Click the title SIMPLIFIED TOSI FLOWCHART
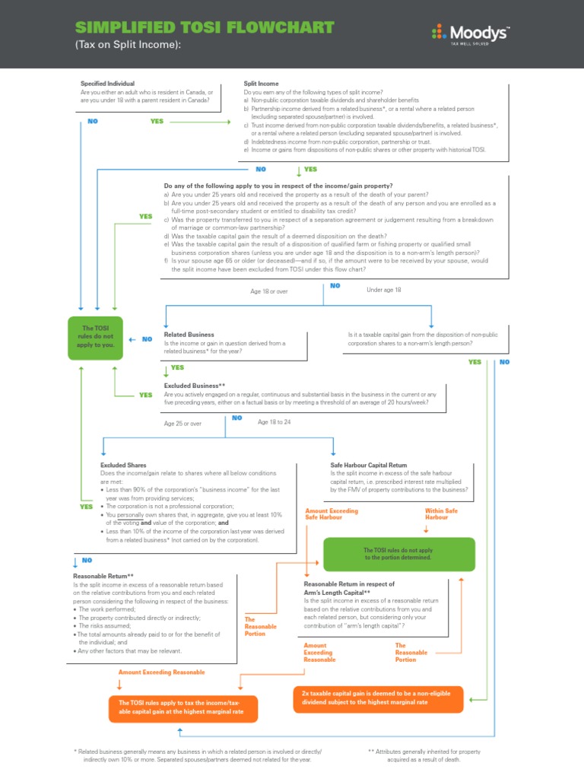pyautogui.click(x=205, y=28)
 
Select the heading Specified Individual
pyautogui.click(x=107, y=84)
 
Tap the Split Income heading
pyautogui.click(x=261, y=84)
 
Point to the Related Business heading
pyautogui.click(x=189, y=335)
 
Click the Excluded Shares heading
pyautogui.click(x=123, y=465)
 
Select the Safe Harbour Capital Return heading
pyautogui.click(x=369, y=465)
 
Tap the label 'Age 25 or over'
pyautogui.click(x=183, y=424)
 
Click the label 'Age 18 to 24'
pyautogui.click(x=275, y=422)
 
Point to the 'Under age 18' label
pyautogui.click(x=383, y=290)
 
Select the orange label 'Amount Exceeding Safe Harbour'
pyautogui.click(x=331, y=514)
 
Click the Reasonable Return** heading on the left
pyautogui.click(x=103, y=577)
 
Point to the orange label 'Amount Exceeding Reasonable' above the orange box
pyautogui.click(x=161, y=672)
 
